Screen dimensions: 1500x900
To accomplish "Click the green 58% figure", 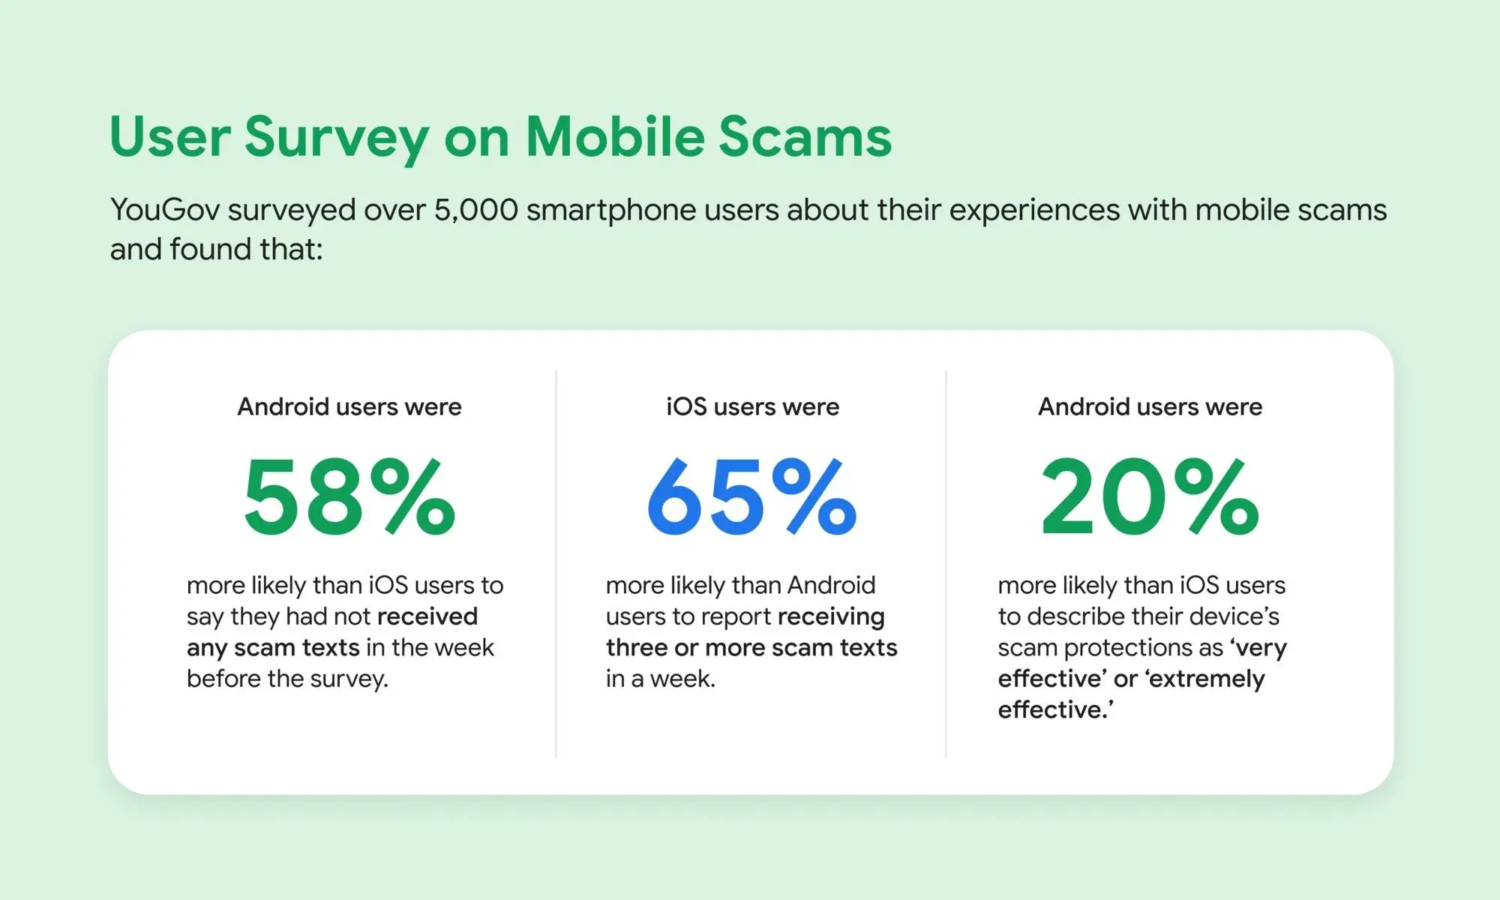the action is coord(349,497).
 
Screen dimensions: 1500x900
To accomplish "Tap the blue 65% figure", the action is coord(751,497).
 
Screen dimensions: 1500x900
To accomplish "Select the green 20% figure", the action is coord(1150,497).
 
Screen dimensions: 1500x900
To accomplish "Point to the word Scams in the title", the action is coord(805,137).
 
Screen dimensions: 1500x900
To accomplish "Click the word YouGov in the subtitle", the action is coord(165,210).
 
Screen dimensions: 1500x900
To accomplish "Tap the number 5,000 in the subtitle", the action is coord(476,211).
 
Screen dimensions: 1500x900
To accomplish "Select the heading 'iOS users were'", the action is coord(752,406).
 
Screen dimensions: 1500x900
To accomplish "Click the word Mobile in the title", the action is coord(615,137).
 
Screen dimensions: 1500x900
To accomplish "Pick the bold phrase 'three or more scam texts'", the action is coord(751,647).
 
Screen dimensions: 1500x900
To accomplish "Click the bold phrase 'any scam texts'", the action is coord(273,648).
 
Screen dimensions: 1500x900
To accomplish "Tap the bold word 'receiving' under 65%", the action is coord(831,617).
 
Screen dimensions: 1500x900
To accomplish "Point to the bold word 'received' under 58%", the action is coord(427,616).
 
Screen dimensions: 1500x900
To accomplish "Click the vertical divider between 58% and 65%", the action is coord(556,563).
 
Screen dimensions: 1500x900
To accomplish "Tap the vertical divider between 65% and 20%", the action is coord(946,563).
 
